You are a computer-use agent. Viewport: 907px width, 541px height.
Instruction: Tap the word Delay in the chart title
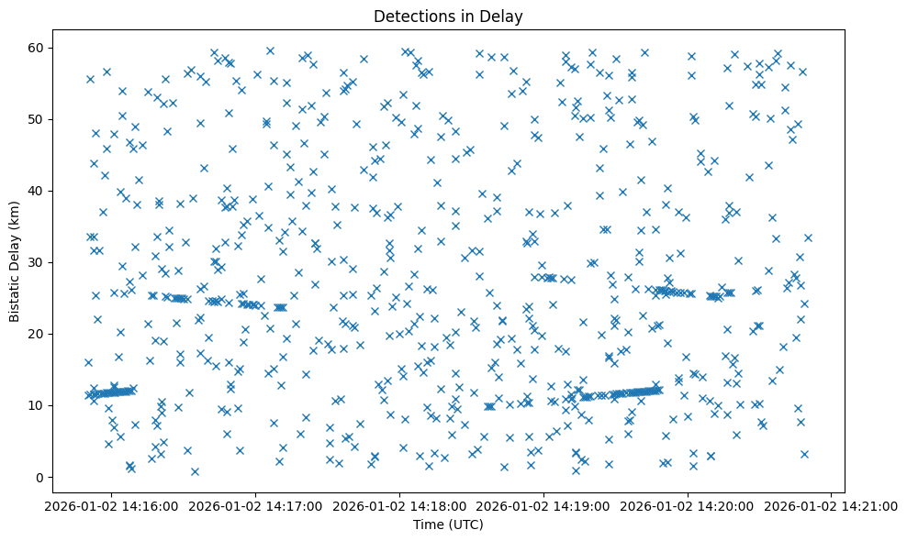click(503, 16)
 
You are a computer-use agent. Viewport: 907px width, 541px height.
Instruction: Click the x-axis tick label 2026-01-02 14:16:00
click(112, 506)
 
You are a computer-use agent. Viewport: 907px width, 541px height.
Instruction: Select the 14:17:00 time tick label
click(256, 506)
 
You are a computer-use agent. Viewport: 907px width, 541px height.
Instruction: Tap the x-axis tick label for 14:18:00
click(400, 506)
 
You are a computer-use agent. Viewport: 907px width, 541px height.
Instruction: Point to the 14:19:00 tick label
click(544, 506)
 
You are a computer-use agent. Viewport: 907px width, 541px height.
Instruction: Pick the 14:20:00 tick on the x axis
click(689, 506)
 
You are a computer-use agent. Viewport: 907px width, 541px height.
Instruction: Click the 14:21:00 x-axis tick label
click(832, 506)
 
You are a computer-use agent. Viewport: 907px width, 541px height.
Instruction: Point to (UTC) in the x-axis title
click(468, 525)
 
